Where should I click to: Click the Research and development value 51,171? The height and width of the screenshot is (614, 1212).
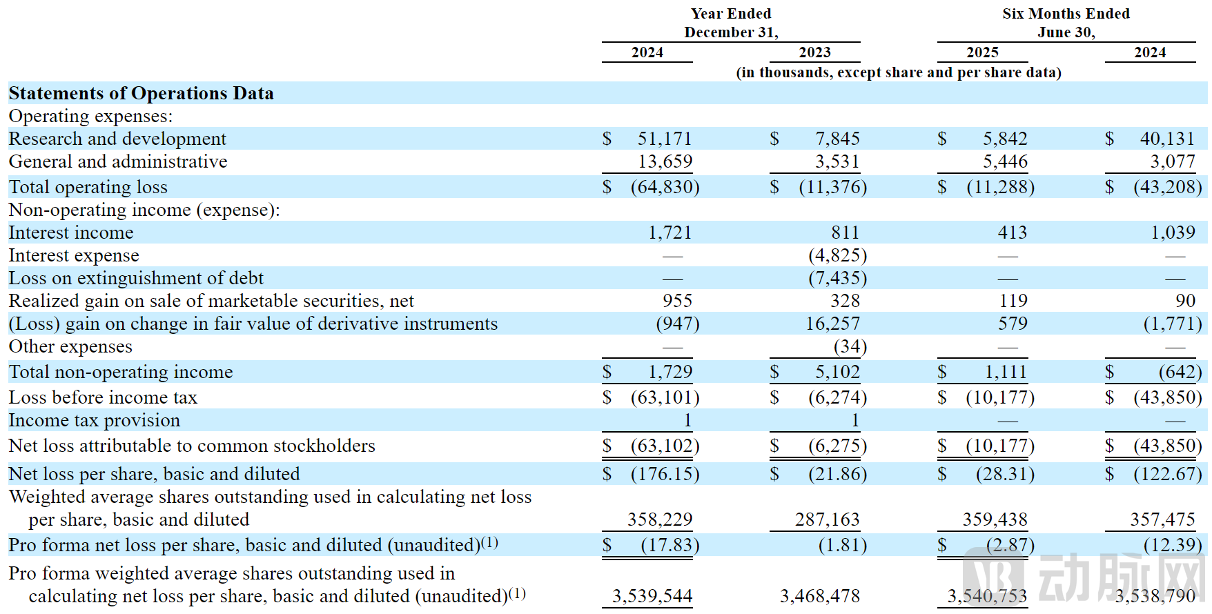664,139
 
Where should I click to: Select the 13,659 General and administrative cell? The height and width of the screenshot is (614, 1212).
665,161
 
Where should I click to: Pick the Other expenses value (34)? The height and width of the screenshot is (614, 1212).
850,346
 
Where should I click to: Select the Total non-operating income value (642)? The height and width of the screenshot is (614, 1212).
1180,372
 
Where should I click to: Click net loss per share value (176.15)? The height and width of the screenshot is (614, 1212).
665,474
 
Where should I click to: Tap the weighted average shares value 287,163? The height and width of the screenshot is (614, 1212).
827,519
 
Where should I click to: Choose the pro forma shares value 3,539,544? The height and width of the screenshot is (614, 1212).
652,596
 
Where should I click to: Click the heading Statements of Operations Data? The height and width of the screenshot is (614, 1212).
141,93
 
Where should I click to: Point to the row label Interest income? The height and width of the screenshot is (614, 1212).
71,232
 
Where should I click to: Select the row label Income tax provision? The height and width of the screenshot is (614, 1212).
94,420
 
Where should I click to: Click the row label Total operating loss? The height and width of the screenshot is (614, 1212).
88,187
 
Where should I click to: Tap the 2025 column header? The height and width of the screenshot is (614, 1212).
981,52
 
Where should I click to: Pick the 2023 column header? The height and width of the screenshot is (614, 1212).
814,52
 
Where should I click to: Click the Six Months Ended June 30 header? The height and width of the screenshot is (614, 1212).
1066,23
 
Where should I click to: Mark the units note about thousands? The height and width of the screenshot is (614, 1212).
898,72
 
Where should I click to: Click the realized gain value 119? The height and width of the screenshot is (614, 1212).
1013,301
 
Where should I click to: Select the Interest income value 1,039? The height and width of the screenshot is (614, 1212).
1172,232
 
